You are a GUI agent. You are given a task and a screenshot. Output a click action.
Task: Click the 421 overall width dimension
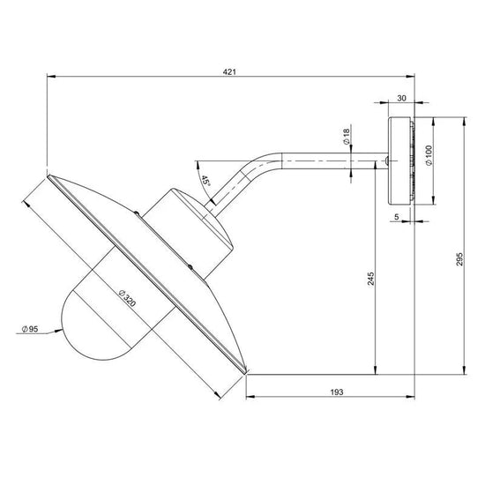(229, 72)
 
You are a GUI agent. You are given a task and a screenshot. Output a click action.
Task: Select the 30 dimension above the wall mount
(401, 98)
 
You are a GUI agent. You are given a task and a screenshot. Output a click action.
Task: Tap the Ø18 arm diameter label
(347, 137)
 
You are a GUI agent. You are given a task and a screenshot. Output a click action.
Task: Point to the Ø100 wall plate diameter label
(429, 155)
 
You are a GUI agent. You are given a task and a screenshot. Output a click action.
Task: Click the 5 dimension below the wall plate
(397, 217)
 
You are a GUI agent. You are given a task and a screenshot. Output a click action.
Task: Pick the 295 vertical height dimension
(459, 259)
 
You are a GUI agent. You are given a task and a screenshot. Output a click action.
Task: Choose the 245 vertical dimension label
(370, 279)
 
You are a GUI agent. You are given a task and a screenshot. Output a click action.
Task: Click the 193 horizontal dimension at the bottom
(337, 392)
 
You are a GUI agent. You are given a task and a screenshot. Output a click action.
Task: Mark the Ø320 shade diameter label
(127, 298)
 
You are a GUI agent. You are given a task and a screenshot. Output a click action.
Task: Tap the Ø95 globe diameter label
(30, 329)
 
